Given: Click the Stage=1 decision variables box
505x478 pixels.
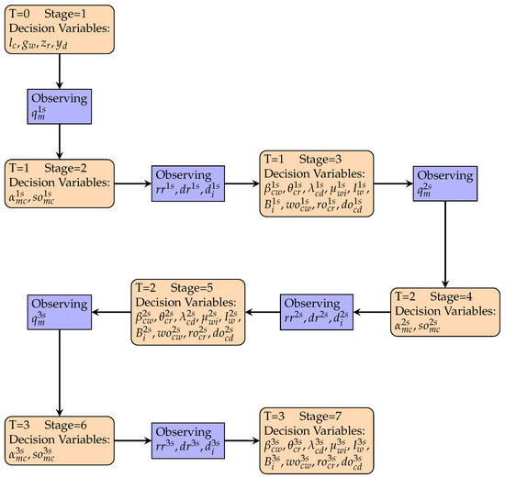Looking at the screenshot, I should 60,29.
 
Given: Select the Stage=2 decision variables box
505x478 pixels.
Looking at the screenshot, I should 60,183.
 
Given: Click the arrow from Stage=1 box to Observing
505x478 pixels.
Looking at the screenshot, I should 60,71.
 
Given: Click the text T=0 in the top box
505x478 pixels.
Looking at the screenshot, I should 21,9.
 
